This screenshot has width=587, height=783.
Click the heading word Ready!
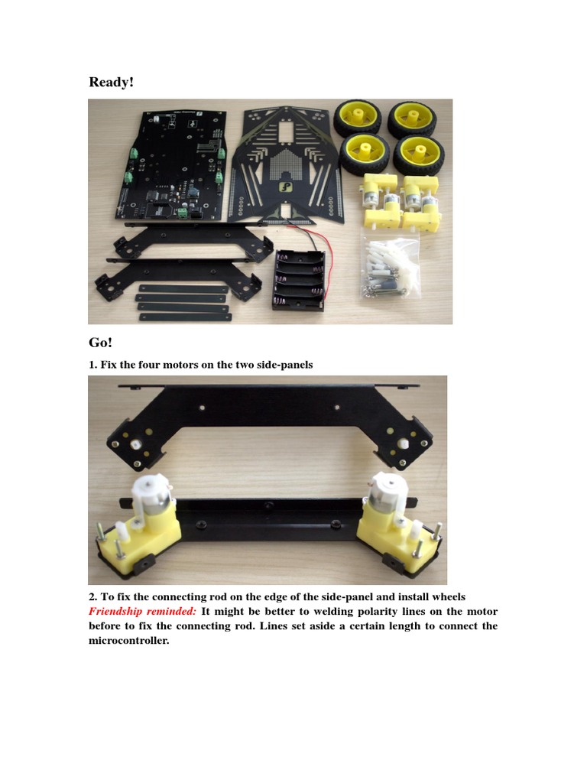112,82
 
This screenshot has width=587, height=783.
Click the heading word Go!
100,343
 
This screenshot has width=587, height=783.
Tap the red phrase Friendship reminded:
142,611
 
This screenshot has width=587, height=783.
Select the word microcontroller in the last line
128,640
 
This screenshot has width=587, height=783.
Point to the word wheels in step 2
449,596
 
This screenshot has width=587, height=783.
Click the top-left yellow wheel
358,119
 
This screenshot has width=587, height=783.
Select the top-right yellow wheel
412,119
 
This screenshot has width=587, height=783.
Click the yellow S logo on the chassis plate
285,188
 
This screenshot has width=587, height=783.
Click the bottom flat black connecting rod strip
185,317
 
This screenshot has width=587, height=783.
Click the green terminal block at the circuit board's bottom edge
183,214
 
